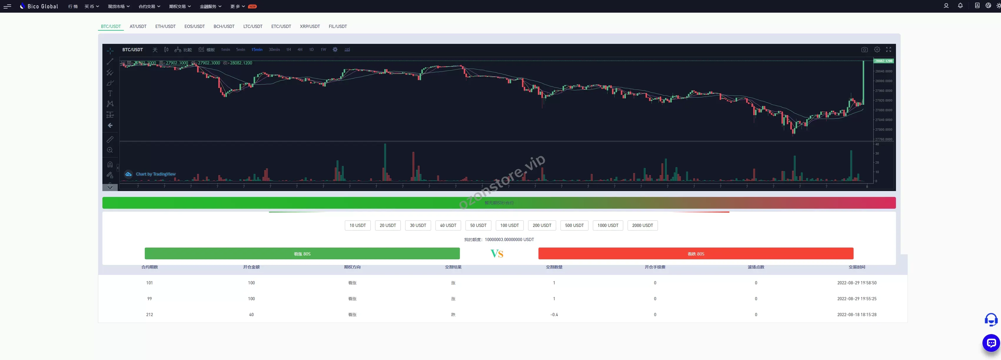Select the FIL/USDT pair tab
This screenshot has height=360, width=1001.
(x=338, y=26)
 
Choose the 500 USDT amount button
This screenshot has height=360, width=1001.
(x=574, y=225)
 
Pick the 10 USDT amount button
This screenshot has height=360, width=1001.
(x=357, y=225)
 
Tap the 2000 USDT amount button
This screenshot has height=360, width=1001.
(x=642, y=225)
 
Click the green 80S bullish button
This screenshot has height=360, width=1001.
(x=302, y=254)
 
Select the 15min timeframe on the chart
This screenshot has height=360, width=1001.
(x=257, y=50)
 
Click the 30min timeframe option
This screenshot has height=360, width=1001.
(x=274, y=50)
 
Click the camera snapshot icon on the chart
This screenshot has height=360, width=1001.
(x=864, y=50)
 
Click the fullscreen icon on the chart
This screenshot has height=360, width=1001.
(x=888, y=50)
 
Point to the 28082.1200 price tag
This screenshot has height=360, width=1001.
(x=883, y=61)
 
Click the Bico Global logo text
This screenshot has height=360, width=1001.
(x=43, y=6)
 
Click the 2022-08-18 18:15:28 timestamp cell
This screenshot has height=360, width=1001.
(x=857, y=314)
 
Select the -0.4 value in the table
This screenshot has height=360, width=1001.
(x=554, y=314)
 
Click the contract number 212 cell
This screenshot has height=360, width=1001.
(x=149, y=314)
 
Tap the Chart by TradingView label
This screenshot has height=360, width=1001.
(x=155, y=174)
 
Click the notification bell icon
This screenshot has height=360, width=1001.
(x=960, y=6)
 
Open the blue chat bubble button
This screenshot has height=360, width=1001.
(x=991, y=343)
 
